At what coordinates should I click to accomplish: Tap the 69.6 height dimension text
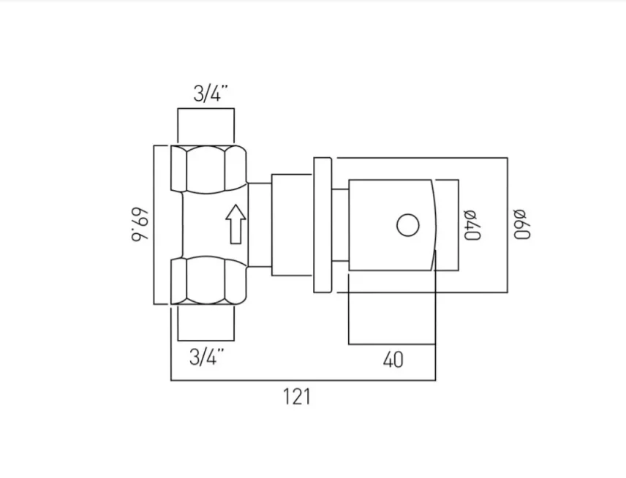(139, 225)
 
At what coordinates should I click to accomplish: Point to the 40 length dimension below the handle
(393, 360)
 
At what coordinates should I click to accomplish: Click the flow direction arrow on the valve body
(235, 224)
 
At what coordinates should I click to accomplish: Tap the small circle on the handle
(408, 224)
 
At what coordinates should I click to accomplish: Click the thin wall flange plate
(323, 224)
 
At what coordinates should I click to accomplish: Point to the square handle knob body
(391, 224)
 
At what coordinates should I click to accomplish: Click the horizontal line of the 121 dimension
(303, 380)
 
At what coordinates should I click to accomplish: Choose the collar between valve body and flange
(292, 225)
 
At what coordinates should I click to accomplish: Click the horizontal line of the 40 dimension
(393, 344)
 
